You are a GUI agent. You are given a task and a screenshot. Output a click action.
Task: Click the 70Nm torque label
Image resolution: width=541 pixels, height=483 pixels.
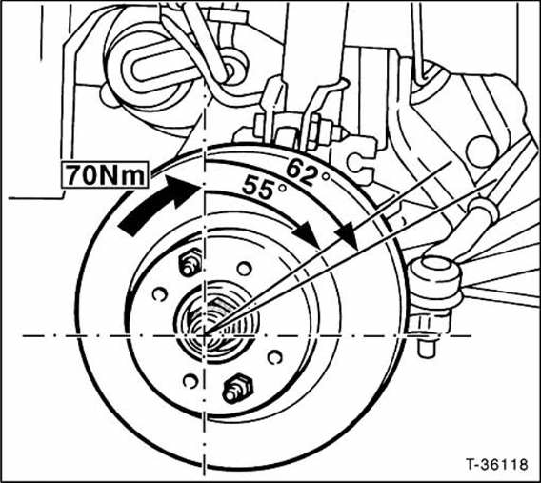[105, 175]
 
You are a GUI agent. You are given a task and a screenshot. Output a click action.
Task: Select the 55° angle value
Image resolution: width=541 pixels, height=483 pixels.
[264, 188]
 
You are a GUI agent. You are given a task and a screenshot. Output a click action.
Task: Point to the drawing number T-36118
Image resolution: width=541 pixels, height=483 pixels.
[497, 464]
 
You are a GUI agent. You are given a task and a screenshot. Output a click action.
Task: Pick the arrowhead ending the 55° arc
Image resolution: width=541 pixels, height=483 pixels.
[307, 234]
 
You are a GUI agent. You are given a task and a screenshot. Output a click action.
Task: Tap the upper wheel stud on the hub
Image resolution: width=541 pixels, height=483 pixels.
[190, 262]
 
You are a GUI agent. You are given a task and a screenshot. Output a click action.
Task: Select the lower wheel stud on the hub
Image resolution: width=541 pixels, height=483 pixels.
[237, 388]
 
